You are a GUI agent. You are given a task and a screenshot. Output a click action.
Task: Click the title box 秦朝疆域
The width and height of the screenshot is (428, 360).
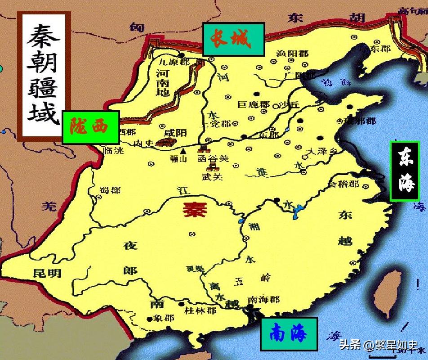pyautogui.click(x=43, y=75)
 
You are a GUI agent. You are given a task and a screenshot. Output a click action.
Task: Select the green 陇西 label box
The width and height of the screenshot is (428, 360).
pyautogui.click(x=90, y=127)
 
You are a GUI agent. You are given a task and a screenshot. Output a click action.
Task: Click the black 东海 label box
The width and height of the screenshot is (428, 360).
pyautogui.click(x=405, y=171)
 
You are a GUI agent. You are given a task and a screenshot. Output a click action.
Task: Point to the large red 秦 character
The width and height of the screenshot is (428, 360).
pyautogui.click(x=195, y=209)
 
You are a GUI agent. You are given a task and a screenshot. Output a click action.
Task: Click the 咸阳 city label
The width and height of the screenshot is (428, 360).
pyautogui.click(x=175, y=133)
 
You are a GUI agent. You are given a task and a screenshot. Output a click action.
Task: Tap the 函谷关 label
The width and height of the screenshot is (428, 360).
pyautogui.click(x=213, y=159)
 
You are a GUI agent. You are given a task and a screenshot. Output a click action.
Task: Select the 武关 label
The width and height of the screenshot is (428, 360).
pyautogui.click(x=212, y=177)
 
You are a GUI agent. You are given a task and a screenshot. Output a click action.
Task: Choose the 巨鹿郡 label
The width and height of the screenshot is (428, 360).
pyautogui.click(x=254, y=105)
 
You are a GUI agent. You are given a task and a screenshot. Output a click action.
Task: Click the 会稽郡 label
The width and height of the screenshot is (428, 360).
pyautogui.click(x=343, y=184)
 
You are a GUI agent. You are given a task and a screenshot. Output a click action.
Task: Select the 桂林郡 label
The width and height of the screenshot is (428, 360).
pyautogui.click(x=201, y=310)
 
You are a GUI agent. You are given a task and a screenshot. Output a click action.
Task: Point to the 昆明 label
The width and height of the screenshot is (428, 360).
pyautogui.click(x=47, y=273)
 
